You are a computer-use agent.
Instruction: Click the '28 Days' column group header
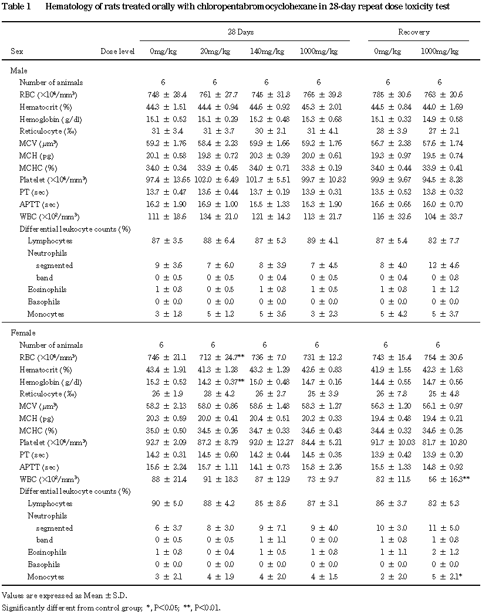241,32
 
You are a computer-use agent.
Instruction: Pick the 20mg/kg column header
215,51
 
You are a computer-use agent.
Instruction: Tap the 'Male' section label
19,70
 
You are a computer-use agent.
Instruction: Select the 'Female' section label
23,333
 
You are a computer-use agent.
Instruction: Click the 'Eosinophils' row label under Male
48,290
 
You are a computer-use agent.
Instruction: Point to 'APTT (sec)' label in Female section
39,467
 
